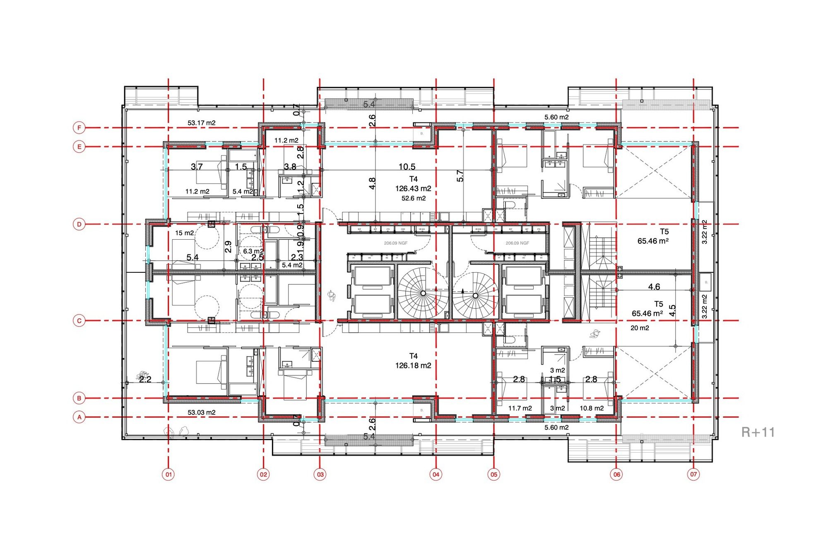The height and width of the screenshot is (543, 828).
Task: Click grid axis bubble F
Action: coord(79,128)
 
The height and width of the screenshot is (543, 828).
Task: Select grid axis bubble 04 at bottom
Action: coord(436,474)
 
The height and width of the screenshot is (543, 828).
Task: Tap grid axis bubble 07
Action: coord(693,474)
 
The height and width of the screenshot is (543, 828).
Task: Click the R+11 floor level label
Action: coord(758,432)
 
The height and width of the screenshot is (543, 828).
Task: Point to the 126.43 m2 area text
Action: coord(413,189)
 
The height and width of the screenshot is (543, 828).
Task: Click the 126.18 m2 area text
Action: coord(413,366)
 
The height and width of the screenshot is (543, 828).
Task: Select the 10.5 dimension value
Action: coord(407,167)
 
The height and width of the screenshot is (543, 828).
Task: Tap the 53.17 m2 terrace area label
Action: coord(201,123)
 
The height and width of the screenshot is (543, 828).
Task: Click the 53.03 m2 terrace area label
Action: coord(201,413)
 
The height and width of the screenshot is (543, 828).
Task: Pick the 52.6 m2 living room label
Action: coord(413,199)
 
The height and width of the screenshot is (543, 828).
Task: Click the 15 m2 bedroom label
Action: coord(184,233)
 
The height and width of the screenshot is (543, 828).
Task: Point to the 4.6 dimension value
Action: coord(654,287)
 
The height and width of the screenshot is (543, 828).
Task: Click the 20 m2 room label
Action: coord(640,328)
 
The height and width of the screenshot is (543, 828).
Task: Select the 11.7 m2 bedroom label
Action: coord(520,408)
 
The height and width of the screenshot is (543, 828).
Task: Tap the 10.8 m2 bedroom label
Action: coord(591,408)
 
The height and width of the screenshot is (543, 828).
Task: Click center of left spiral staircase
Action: coord(423,293)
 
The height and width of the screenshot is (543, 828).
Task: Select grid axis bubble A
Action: coord(79,417)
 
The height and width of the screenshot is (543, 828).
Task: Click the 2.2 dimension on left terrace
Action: coord(145,379)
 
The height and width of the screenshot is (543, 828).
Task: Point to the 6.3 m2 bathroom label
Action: coord(253,251)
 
